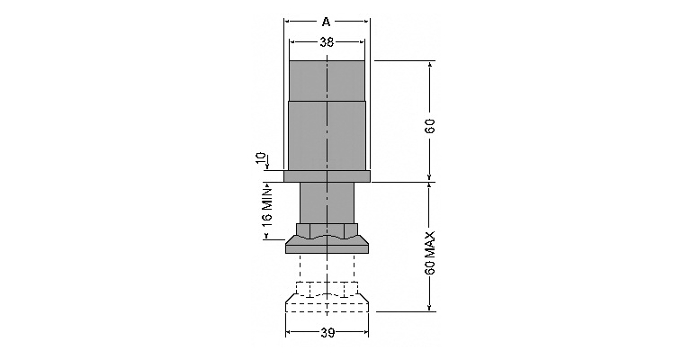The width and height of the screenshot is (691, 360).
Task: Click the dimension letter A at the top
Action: (326, 22)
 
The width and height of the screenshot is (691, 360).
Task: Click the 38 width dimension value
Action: (327, 42)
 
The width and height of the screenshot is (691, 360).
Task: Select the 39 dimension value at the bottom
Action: (328, 333)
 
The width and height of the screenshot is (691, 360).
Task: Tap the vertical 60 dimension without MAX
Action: (430, 126)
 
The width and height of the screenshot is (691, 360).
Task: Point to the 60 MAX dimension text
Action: (430, 253)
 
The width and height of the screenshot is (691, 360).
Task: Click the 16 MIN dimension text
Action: (267, 206)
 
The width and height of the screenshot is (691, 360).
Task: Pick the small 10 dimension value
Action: (261, 158)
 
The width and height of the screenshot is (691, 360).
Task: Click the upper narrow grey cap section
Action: (327, 81)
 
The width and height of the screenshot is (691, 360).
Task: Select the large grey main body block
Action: (327, 136)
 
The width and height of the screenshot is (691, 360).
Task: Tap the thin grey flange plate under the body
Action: (327, 176)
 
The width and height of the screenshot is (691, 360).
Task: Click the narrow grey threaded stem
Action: (327, 202)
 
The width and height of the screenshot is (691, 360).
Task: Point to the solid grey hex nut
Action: (327, 230)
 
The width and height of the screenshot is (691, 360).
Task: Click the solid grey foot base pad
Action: (327, 245)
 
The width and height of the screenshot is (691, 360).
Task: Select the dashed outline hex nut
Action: (327, 289)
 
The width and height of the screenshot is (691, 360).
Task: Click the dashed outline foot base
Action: (327, 303)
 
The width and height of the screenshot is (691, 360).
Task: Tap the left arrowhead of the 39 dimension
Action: (289, 333)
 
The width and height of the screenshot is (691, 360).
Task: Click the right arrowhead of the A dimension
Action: (367, 22)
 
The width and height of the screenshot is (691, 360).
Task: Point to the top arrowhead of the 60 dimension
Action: (430, 64)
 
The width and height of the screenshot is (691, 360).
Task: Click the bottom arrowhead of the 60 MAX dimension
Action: (430, 308)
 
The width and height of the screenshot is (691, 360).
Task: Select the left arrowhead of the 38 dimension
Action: (292, 42)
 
